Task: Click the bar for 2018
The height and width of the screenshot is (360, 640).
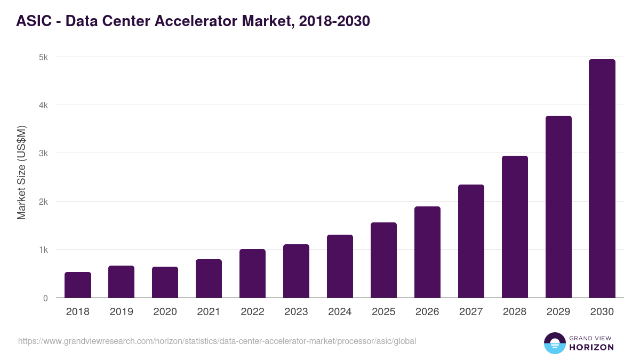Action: (x=78, y=285)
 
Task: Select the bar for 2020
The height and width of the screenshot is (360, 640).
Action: (x=165, y=282)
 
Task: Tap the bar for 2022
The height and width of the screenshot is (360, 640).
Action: (x=253, y=273)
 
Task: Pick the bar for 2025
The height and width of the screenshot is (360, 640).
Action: (x=384, y=260)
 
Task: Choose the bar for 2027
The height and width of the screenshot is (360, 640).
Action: (x=471, y=241)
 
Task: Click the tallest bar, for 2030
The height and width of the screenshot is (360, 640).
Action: (x=602, y=179)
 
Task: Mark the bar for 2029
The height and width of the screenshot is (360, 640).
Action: (x=558, y=207)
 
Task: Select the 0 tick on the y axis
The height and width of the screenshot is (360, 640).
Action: (x=45, y=298)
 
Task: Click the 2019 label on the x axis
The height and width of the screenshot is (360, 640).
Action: (x=122, y=312)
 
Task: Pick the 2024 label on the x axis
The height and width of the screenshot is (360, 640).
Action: (x=340, y=312)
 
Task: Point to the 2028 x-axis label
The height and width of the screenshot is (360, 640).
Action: (x=515, y=312)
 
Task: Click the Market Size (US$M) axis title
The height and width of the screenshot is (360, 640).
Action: (x=21, y=172)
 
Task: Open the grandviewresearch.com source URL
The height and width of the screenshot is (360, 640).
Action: (x=217, y=341)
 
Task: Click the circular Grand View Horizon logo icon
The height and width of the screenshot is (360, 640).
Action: (x=554, y=343)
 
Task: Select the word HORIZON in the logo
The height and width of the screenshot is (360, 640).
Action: (x=591, y=347)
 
